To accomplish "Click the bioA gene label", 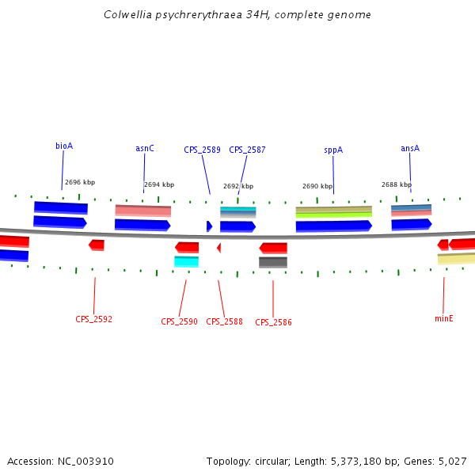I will [x=64, y=146].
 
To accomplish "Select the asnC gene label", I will [x=145, y=148].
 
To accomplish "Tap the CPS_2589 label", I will [x=202, y=150].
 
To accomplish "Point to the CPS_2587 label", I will [x=247, y=150].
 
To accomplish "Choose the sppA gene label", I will [x=333, y=150].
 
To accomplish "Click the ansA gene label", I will [x=410, y=148].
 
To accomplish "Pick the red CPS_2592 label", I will [x=94, y=320].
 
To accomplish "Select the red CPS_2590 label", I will [x=179, y=322].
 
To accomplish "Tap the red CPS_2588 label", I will [x=224, y=322].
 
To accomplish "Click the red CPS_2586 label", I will [x=273, y=323].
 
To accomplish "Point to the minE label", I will [x=443, y=318].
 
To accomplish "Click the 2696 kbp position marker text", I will [x=80, y=182].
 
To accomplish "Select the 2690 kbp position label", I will [x=317, y=187].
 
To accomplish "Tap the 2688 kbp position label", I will [x=397, y=184].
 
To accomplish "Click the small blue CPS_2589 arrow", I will [x=209, y=226].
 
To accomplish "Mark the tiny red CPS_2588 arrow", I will [x=218, y=248].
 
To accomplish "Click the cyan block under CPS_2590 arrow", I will [x=186, y=261].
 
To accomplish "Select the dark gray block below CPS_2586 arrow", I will [x=273, y=262].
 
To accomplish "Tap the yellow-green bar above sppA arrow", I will [x=333, y=215].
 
